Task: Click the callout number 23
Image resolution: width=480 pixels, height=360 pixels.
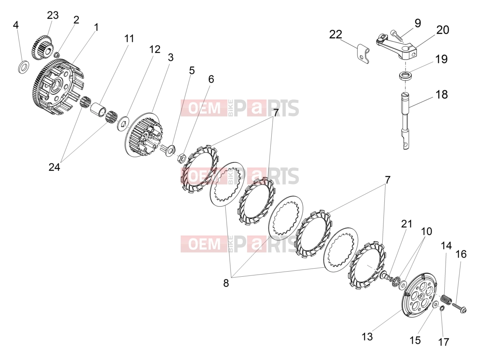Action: point(53,15)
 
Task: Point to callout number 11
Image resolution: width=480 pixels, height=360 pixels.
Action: point(129,39)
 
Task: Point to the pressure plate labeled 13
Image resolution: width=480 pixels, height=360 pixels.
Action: point(418,298)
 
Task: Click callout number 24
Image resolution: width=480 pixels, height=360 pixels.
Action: point(54,167)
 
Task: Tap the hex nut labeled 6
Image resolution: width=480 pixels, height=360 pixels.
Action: point(181,158)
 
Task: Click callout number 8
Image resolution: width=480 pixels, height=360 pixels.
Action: point(226,283)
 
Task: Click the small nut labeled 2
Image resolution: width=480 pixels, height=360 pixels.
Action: point(57,55)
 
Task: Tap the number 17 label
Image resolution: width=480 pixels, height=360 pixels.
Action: point(443,342)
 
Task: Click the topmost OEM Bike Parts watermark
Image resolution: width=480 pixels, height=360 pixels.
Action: point(240,108)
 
